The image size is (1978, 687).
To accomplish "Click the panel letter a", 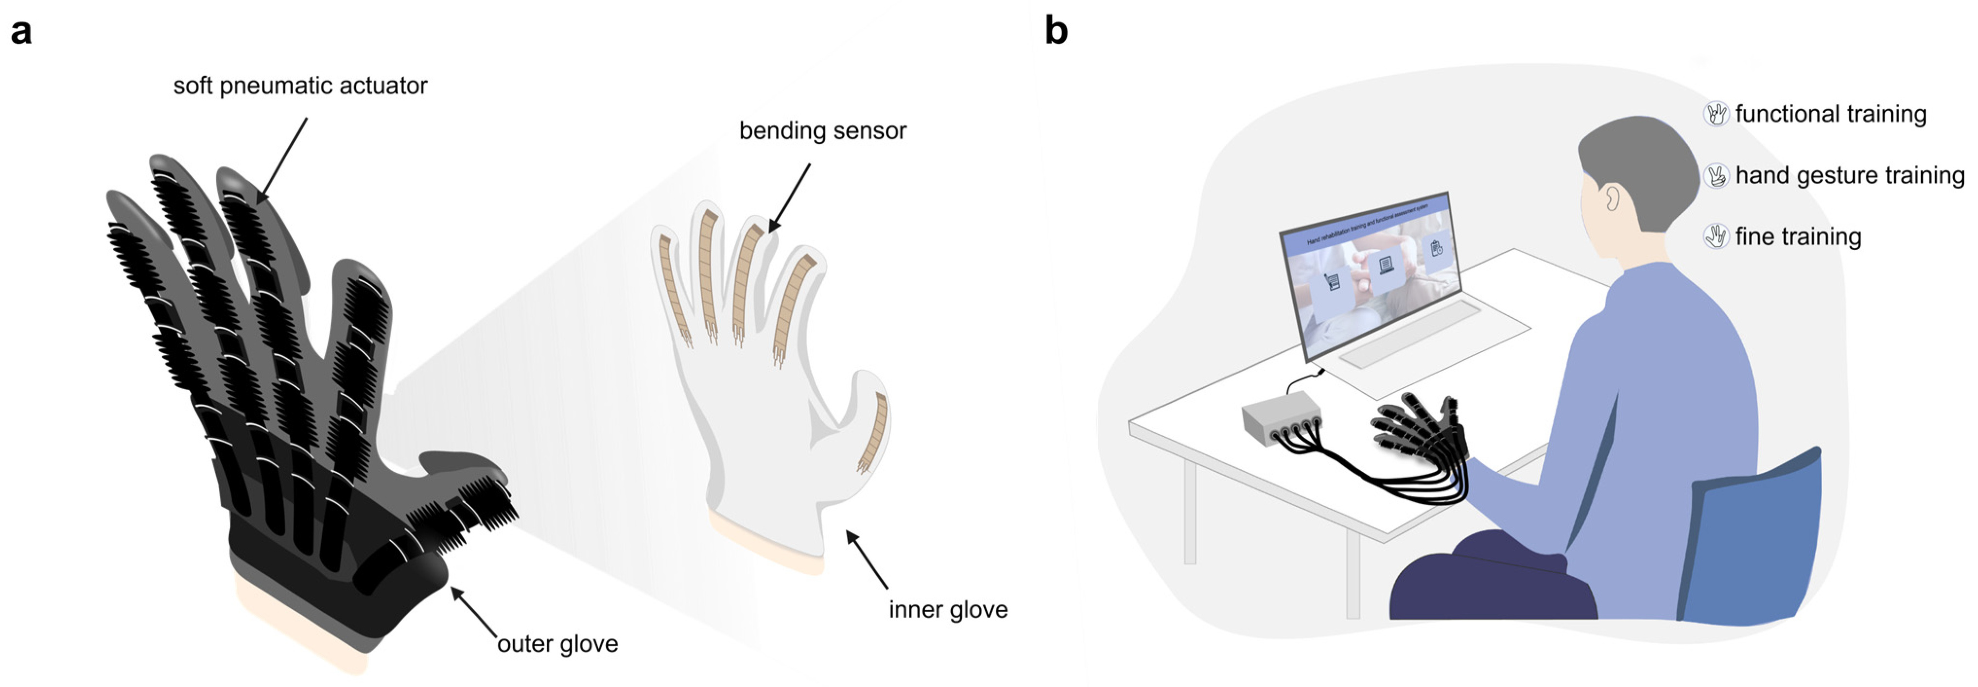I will tap(21, 32).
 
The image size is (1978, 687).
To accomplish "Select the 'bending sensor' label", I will tap(822, 131).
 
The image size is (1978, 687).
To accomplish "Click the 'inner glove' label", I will tap(948, 609).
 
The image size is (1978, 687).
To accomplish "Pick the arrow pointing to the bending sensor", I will tap(789, 196).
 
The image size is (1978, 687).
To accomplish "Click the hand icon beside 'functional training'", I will tap(1716, 114).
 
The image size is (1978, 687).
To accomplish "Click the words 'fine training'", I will tap(1798, 237).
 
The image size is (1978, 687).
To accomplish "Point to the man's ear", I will tap(1612, 199).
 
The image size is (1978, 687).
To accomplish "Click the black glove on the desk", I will tap(1421, 430).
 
